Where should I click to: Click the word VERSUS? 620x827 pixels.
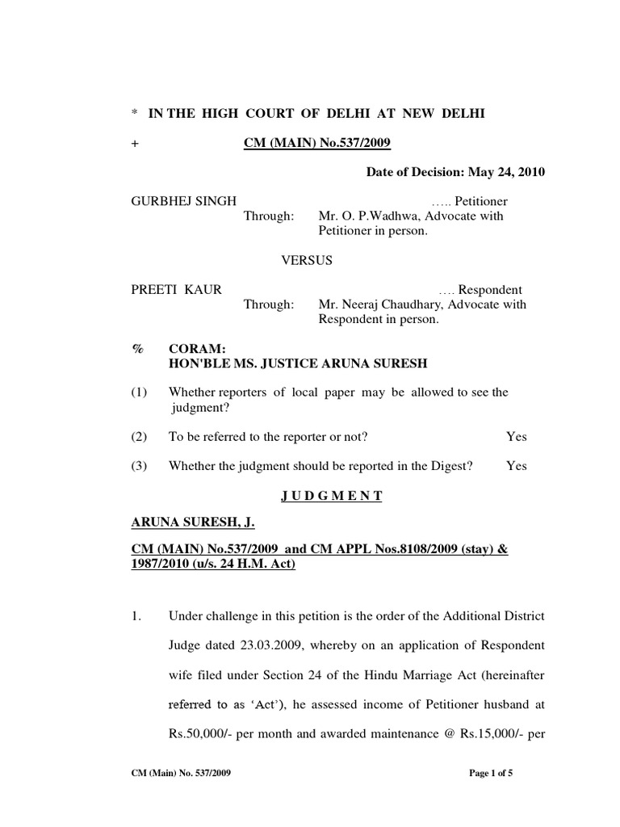click(x=306, y=260)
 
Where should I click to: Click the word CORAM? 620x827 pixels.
click(x=190, y=348)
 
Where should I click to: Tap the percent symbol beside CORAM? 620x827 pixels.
click(x=136, y=348)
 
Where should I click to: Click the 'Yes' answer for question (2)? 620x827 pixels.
click(x=516, y=436)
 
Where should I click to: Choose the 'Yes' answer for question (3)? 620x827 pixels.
click(x=516, y=466)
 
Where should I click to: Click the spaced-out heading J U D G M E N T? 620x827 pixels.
click(x=331, y=496)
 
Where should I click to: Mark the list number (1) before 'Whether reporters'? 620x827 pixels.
click(x=140, y=393)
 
